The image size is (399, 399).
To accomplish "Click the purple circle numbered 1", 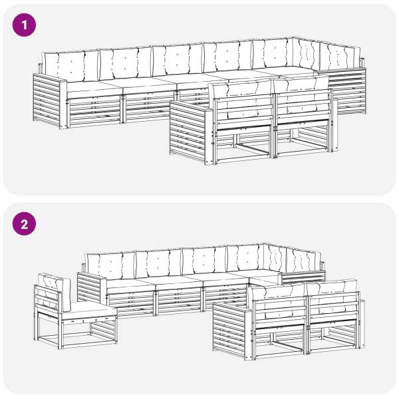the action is (24, 25).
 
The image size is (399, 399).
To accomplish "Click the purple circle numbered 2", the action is (24, 223).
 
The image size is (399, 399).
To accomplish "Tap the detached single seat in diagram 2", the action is (75, 312).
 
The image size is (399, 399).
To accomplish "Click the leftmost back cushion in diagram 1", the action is (71, 65).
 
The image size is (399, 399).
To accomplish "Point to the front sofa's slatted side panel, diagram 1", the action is (188, 132).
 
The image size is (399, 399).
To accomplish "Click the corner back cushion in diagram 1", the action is (306, 53).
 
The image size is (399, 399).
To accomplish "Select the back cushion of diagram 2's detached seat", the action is (55, 291).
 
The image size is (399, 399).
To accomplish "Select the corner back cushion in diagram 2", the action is (275, 259).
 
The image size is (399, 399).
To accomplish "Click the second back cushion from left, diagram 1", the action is (125, 64).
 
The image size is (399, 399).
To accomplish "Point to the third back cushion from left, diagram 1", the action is (178, 61).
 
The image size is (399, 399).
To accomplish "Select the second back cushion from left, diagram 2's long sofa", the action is (158, 263).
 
